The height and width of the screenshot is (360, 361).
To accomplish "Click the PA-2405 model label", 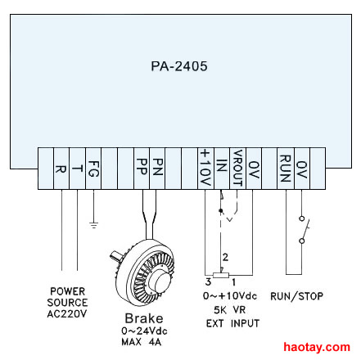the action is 179,66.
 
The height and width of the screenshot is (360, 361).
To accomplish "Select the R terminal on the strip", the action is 61,169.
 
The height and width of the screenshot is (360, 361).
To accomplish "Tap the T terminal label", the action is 78,169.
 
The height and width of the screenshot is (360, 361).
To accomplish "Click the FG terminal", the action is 93,169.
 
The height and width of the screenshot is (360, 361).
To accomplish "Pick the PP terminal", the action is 142,169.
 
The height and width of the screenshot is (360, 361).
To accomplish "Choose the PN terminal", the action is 157,169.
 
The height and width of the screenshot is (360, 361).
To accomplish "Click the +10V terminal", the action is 205,169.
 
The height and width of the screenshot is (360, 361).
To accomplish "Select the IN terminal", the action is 222,169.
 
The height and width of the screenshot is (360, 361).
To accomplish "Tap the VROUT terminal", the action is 238,169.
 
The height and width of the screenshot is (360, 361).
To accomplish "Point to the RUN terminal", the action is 286,169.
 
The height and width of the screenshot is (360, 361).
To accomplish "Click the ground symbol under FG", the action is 93,225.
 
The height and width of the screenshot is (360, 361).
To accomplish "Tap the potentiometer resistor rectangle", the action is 221,275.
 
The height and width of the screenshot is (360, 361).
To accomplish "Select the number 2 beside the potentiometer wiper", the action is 225,257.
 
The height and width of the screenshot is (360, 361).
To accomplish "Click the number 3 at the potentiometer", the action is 208,281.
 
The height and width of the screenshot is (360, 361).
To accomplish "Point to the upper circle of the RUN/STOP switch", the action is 301,218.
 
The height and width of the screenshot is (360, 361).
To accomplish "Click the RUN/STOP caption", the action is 296,296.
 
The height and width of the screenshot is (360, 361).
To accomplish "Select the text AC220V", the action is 67,313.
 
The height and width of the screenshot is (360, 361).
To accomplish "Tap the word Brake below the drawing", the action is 144,318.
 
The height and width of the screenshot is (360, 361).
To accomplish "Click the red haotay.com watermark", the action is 317,347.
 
